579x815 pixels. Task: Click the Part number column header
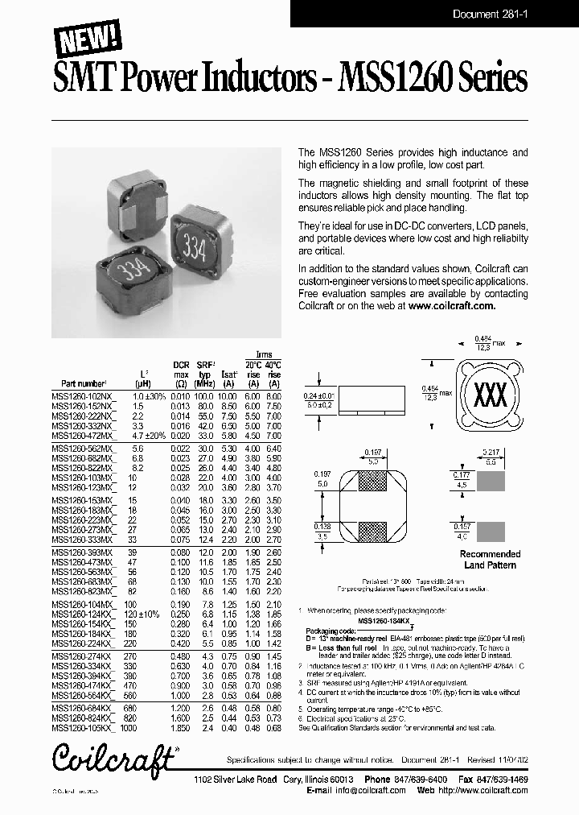pyautogui.click(x=84, y=384)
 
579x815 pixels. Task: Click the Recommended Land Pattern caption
pyautogui.click(x=490, y=559)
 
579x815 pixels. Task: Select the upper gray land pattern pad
pyautogui.click(x=491, y=482)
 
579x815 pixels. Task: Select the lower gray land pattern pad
pyautogui.click(x=491, y=531)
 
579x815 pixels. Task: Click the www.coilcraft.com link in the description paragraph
pyautogui.click(x=452, y=306)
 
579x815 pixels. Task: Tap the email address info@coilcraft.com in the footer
pyautogui.click(x=365, y=790)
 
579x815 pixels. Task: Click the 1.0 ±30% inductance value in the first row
pyautogui.click(x=149, y=397)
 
